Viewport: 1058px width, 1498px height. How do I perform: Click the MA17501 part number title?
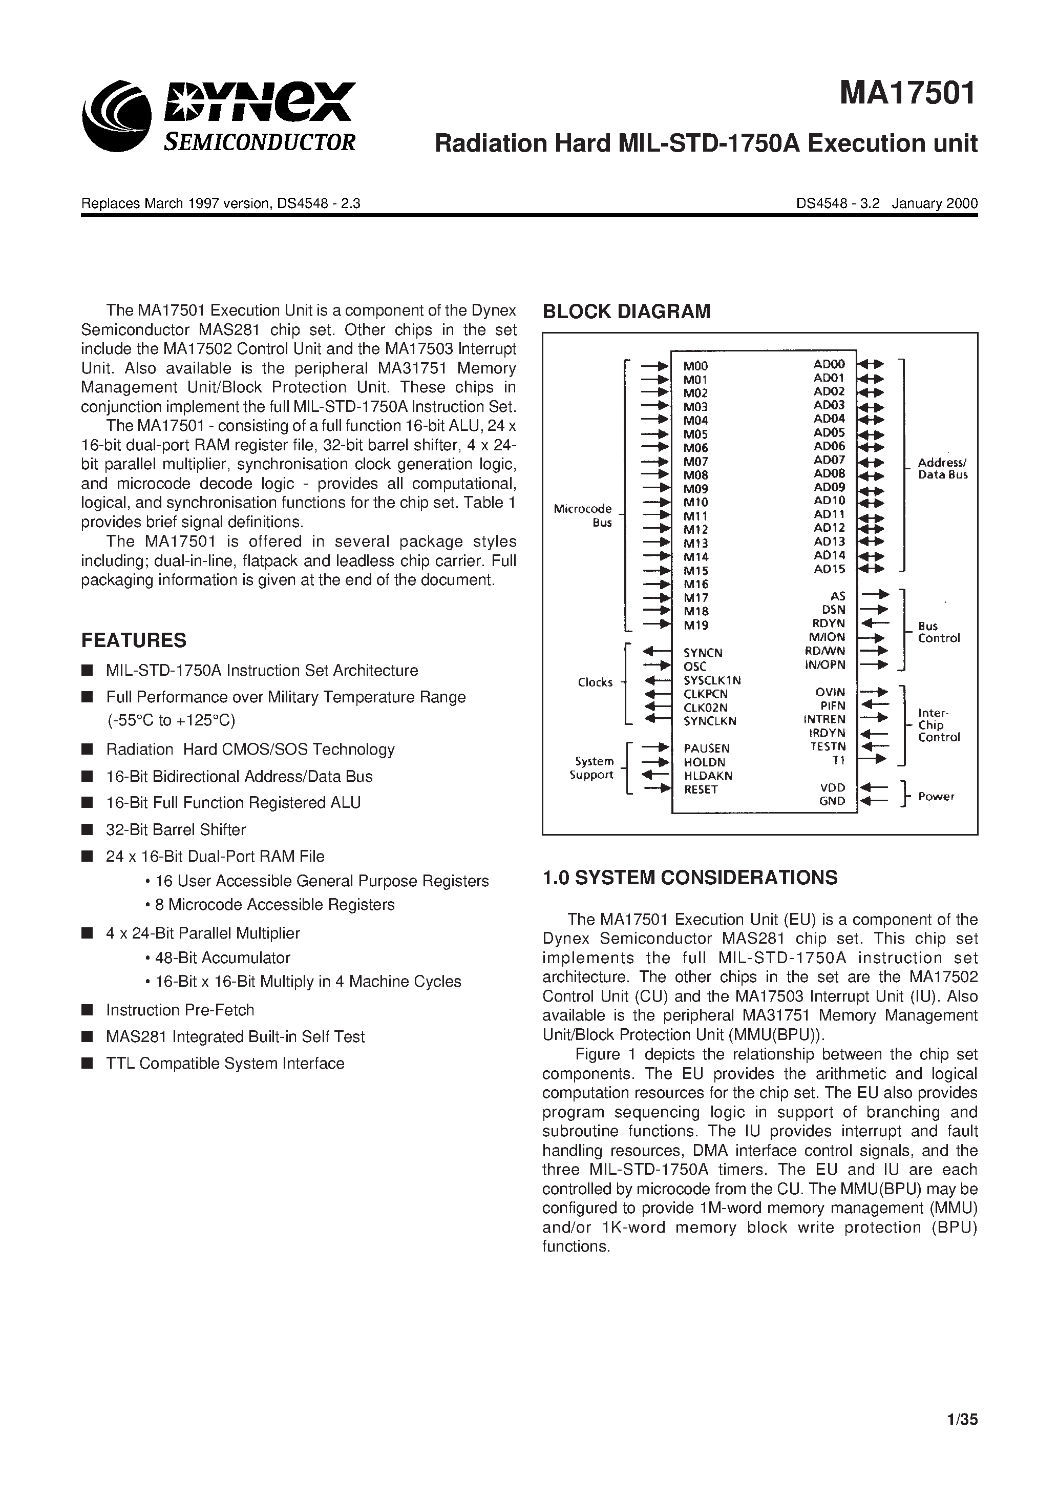point(907,93)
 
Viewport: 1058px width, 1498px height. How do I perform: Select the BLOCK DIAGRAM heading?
point(626,312)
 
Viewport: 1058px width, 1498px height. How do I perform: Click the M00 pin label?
point(695,367)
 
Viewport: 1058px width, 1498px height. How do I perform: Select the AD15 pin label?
point(829,569)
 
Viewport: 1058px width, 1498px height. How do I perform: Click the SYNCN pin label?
point(703,653)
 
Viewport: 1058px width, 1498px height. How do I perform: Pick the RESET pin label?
point(701,789)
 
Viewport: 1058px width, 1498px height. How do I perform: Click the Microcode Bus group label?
point(582,515)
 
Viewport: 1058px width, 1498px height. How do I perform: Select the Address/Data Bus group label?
point(943,468)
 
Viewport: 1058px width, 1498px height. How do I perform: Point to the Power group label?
point(936,797)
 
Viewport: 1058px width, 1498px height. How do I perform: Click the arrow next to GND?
point(874,801)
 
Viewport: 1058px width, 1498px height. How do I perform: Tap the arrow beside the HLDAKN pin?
point(656,775)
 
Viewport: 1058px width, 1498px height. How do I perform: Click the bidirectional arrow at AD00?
point(871,364)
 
